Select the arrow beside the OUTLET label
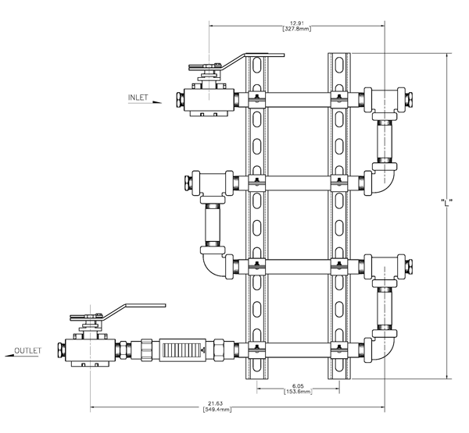(10, 356)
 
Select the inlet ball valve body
(207, 100)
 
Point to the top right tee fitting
(386, 100)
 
